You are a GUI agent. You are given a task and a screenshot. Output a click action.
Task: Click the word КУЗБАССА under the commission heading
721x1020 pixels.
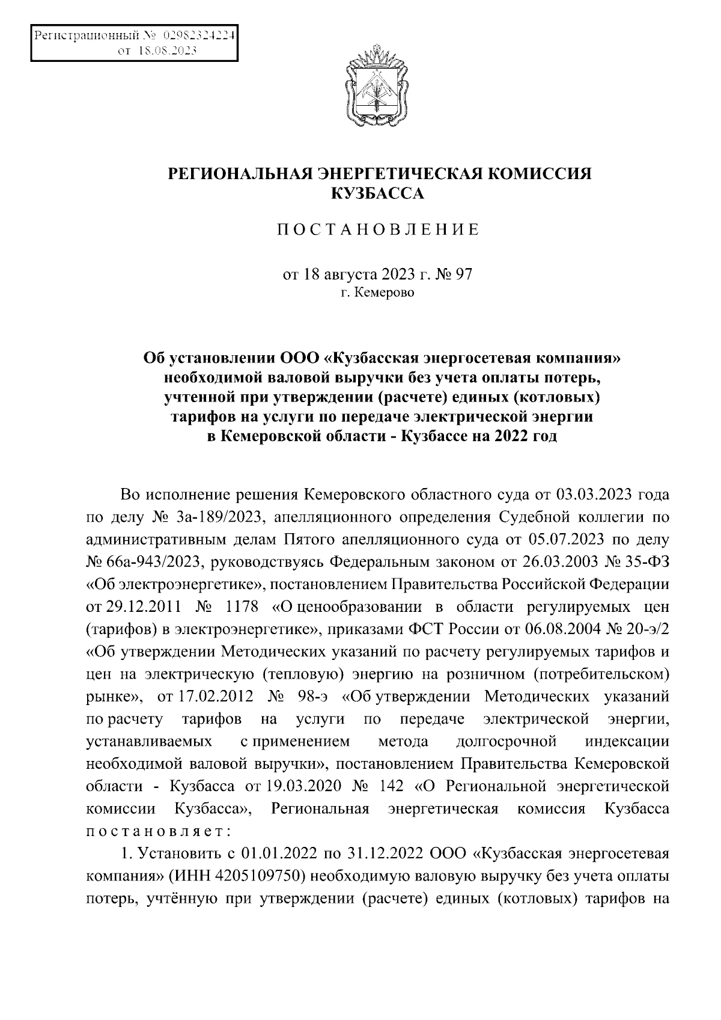tap(379, 194)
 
